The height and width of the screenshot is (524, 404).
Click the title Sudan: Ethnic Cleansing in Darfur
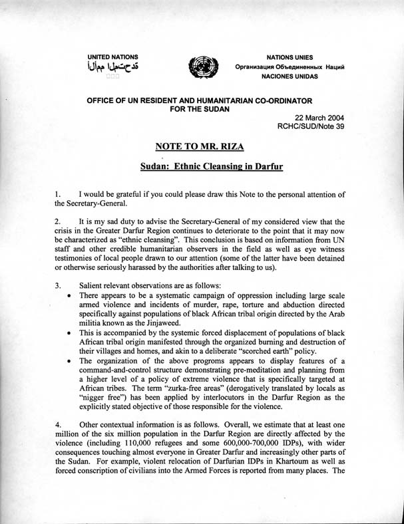[x=202, y=168]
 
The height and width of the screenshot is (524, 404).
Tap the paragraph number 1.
[x=58, y=194]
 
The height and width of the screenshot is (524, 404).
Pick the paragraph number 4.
[x=58, y=424]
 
